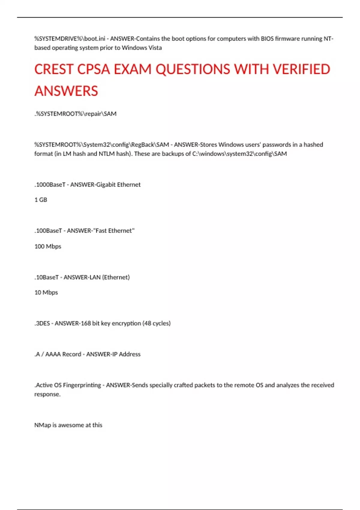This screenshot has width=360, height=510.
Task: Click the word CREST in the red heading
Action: [x=54, y=69]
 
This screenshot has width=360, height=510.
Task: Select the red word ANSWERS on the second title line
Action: [x=66, y=91]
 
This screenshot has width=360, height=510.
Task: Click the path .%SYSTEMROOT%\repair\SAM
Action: [x=75, y=114]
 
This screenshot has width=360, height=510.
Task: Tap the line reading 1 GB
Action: [x=41, y=200]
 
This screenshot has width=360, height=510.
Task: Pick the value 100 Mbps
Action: [x=48, y=246]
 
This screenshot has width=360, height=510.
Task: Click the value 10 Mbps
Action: [x=46, y=292]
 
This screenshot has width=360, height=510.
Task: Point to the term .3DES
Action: [x=42, y=323]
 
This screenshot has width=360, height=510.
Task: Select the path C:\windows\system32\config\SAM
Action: [x=239, y=154]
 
